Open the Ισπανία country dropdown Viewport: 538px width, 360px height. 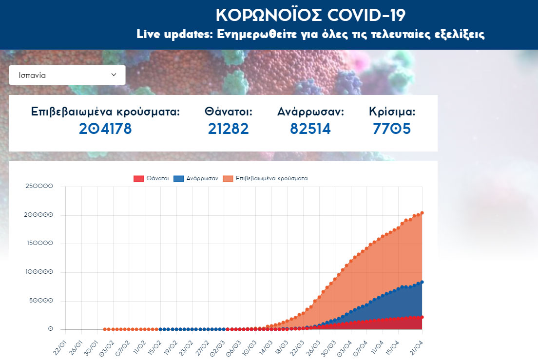pyautogui.click(x=67, y=75)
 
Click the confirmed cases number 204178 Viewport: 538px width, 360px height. pyautogui.click(x=105, y=129)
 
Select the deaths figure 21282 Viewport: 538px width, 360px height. pyautogui.click(x=229, y=129)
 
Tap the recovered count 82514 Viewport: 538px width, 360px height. pyautogui.click(x=310, y=129)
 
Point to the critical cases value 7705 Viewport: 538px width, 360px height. pyautogui.click(x=392, y=129)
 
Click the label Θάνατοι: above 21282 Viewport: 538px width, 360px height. pyautogui.click(x=229, y=112)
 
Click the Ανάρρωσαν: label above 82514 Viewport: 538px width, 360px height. pyautogui.click(x=310, y=112)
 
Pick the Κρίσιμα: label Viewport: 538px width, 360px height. pyautogui.click(x=392, y=112)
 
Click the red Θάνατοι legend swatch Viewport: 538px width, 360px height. pyautogui.click(x=138, y=179)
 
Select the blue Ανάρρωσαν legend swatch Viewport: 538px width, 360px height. pyautogui.click(x=178, y=179)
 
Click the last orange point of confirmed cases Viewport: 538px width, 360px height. pyautogui.click(x=422, y=213)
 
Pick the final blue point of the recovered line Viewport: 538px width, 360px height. pyautogui.click(x=422, y=282)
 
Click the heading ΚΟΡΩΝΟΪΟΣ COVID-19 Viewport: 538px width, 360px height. pyautogui.click(x=310, y=15)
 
